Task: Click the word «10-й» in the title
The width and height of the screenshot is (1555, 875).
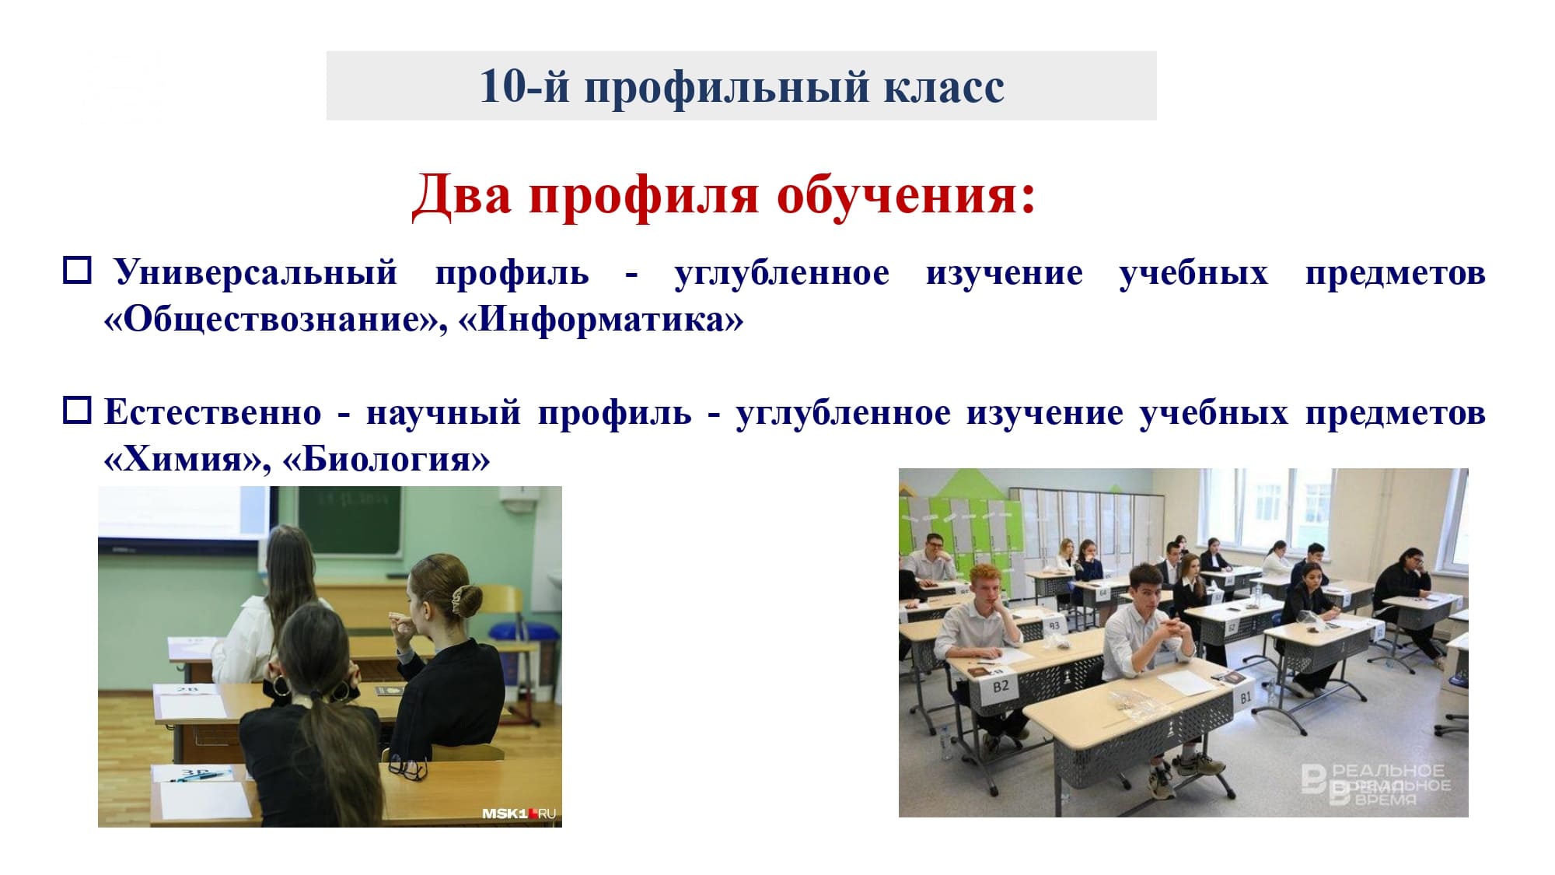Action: [525, 86]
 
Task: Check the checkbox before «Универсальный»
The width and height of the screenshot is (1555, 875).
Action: [77, 271]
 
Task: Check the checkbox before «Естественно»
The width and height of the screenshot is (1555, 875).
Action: [77, 410]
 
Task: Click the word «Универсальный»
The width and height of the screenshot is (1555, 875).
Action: [257, 272]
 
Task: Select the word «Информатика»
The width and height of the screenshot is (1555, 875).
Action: [601, 319]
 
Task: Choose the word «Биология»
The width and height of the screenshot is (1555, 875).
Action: [386, 459]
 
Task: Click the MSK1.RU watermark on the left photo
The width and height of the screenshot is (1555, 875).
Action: [519, 814]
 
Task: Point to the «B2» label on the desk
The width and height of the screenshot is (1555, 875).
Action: [1001, 686]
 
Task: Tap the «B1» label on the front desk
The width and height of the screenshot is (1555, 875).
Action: [1246, 698]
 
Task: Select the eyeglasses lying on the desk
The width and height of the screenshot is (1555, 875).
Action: [407, 768]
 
